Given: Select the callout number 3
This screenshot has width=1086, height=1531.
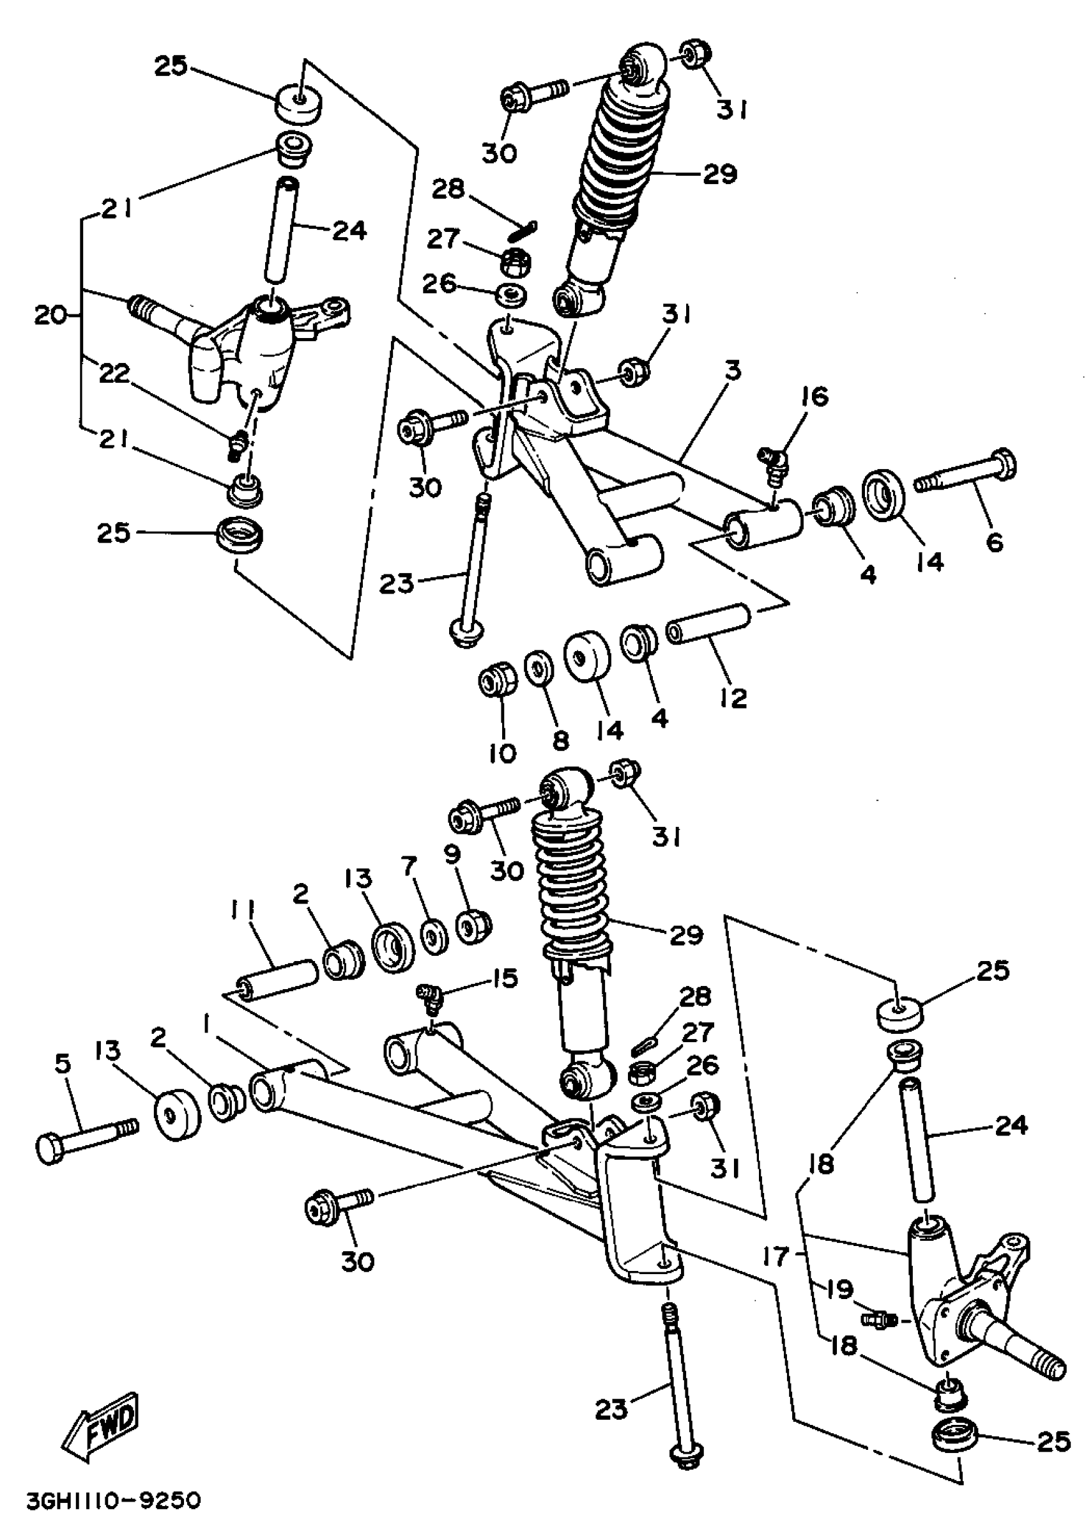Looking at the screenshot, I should (x=733, y=370).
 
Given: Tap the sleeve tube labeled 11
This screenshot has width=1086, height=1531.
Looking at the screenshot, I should (x=277, y=978).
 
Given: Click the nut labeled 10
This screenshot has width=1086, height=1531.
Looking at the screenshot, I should (x=496, y=682).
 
